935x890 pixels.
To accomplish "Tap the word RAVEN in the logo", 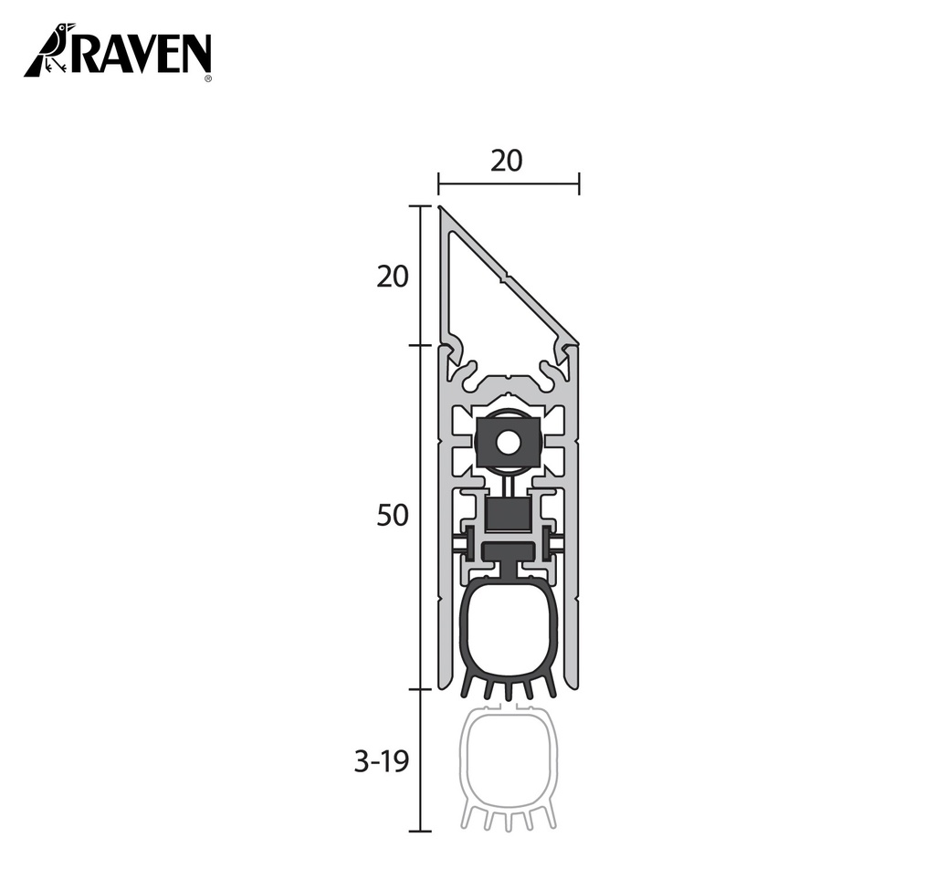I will [x=141, y=54].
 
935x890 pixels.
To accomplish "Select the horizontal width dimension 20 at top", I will [x=507, y=161].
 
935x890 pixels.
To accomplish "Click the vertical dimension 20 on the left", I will [x=393, y=276].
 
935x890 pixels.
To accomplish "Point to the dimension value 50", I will [x=393, y=516].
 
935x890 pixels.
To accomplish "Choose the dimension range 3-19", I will [x=381, y=762].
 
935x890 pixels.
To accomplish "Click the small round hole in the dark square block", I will [x=509, y=443].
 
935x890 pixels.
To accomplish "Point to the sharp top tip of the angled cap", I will [x=441, y=209].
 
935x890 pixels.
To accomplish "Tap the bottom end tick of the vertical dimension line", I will [x=419, y=831].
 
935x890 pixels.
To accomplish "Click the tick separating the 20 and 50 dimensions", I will [x=419, y=345].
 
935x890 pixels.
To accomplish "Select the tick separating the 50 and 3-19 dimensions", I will [x=419, y=689].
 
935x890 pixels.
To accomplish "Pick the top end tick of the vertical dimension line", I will [x=419, y=206].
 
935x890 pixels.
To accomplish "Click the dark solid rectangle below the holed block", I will [x=509, y=516].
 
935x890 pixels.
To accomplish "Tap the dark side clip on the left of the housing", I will [x=468, y=544].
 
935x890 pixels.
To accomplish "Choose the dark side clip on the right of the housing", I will [x=549, y=544].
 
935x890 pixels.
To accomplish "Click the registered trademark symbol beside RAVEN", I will [x=208, y=79].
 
